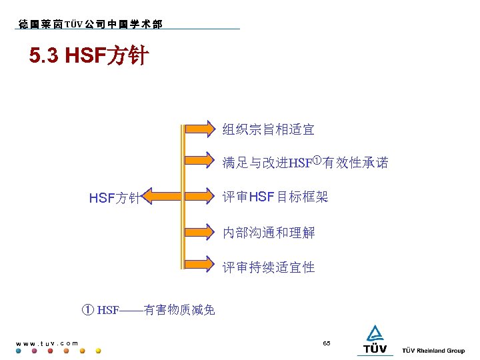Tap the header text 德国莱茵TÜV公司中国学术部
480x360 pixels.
click(89, 25)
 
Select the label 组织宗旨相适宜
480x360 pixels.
click(268, 129)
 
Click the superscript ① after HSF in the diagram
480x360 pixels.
click(317, 159)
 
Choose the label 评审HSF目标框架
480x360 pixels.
click(275, 197)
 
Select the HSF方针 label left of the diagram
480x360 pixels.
click(114, 198)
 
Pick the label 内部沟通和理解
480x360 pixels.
click(268, 233)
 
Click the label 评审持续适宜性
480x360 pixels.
click(268, 267)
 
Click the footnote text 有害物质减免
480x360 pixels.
click(179, 309)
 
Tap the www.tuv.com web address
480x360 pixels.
click(47, 343)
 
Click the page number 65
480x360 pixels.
click(326, 343)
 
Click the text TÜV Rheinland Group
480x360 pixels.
click(433, 351)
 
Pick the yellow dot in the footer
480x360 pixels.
click(99, 351)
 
